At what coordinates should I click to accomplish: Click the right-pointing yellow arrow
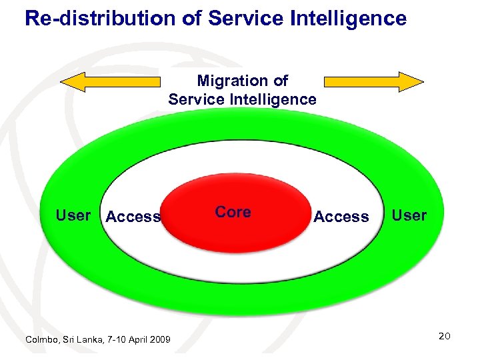pos(373,81)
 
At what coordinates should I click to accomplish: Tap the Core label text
pos(233,212)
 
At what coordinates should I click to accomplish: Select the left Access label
pos(133,217)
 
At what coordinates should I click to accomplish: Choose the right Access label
pos(341,217)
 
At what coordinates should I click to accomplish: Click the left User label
pos(73,215)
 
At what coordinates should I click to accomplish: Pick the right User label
pos(409,215)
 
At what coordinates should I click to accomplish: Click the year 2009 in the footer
pos(159,340)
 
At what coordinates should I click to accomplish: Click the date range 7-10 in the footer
pos(111,340)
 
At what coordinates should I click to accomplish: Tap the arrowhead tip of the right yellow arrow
pos(422,81)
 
